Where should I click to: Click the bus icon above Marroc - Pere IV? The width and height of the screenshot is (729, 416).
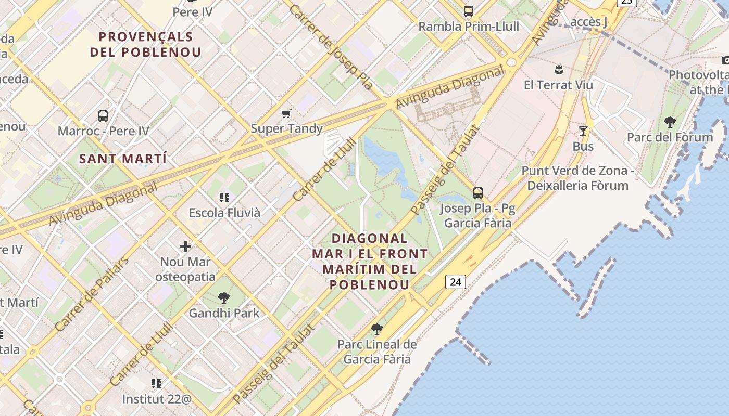103,115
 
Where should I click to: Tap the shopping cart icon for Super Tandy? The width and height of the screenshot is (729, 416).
286,113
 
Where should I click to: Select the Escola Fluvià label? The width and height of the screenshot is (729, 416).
224,213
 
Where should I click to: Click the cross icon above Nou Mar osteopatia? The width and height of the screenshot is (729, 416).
185,246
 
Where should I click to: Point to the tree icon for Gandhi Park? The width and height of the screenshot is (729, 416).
224,298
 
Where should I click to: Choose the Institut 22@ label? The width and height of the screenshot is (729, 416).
157,399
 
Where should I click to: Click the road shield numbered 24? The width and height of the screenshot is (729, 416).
455,282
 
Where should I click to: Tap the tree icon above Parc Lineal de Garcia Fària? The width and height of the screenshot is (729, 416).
377,329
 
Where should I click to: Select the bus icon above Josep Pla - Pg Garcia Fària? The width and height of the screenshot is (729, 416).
478,193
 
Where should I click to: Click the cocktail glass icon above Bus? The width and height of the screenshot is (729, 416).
583,131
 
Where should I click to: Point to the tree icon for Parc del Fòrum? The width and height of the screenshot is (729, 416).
670,122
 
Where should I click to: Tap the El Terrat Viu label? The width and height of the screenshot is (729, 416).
558,85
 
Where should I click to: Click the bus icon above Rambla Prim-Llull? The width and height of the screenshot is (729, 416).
469,11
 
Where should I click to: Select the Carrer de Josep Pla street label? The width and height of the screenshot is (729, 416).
331,47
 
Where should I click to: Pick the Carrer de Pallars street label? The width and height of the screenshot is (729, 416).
92,294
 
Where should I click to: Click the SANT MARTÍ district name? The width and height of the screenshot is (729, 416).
123,159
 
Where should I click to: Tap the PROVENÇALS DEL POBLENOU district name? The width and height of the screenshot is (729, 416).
146,44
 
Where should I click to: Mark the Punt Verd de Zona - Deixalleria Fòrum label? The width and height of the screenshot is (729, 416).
577,178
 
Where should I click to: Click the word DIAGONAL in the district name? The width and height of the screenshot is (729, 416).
370,239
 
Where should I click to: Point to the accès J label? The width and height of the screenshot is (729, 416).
589,21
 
